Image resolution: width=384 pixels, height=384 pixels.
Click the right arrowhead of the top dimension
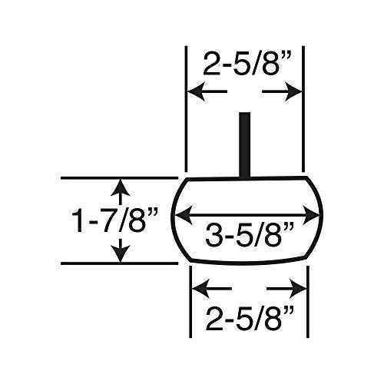[296, 92]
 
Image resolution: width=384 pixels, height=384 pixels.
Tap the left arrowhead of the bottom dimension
[197, 289]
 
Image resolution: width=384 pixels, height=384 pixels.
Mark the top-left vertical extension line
[187, 108]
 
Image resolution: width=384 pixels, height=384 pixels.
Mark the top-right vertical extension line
[304, 108]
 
